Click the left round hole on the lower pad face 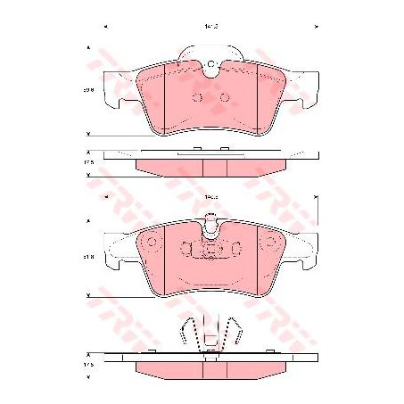point(151,243)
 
